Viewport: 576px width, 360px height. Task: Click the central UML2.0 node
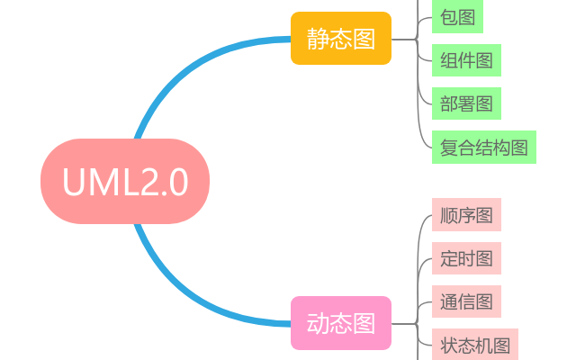tap(125, 181)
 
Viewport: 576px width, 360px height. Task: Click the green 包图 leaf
tap(457, 16)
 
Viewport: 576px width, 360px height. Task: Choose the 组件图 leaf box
tap(466, 60)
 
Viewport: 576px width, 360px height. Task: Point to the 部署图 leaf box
tap(466, 103)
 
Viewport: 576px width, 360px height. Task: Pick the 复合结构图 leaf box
tap(483, 147)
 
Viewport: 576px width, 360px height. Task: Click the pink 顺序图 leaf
tap(466, 215)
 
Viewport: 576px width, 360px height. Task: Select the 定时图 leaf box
tap(466, 258)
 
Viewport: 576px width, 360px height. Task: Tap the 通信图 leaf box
tap(466, 301)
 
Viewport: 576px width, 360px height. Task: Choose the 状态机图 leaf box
tap(475, 345)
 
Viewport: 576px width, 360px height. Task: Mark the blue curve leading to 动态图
tap(180, 292)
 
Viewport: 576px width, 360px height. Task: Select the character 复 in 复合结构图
tap(449, 147)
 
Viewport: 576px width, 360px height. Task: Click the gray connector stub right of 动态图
tap(404, 323)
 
